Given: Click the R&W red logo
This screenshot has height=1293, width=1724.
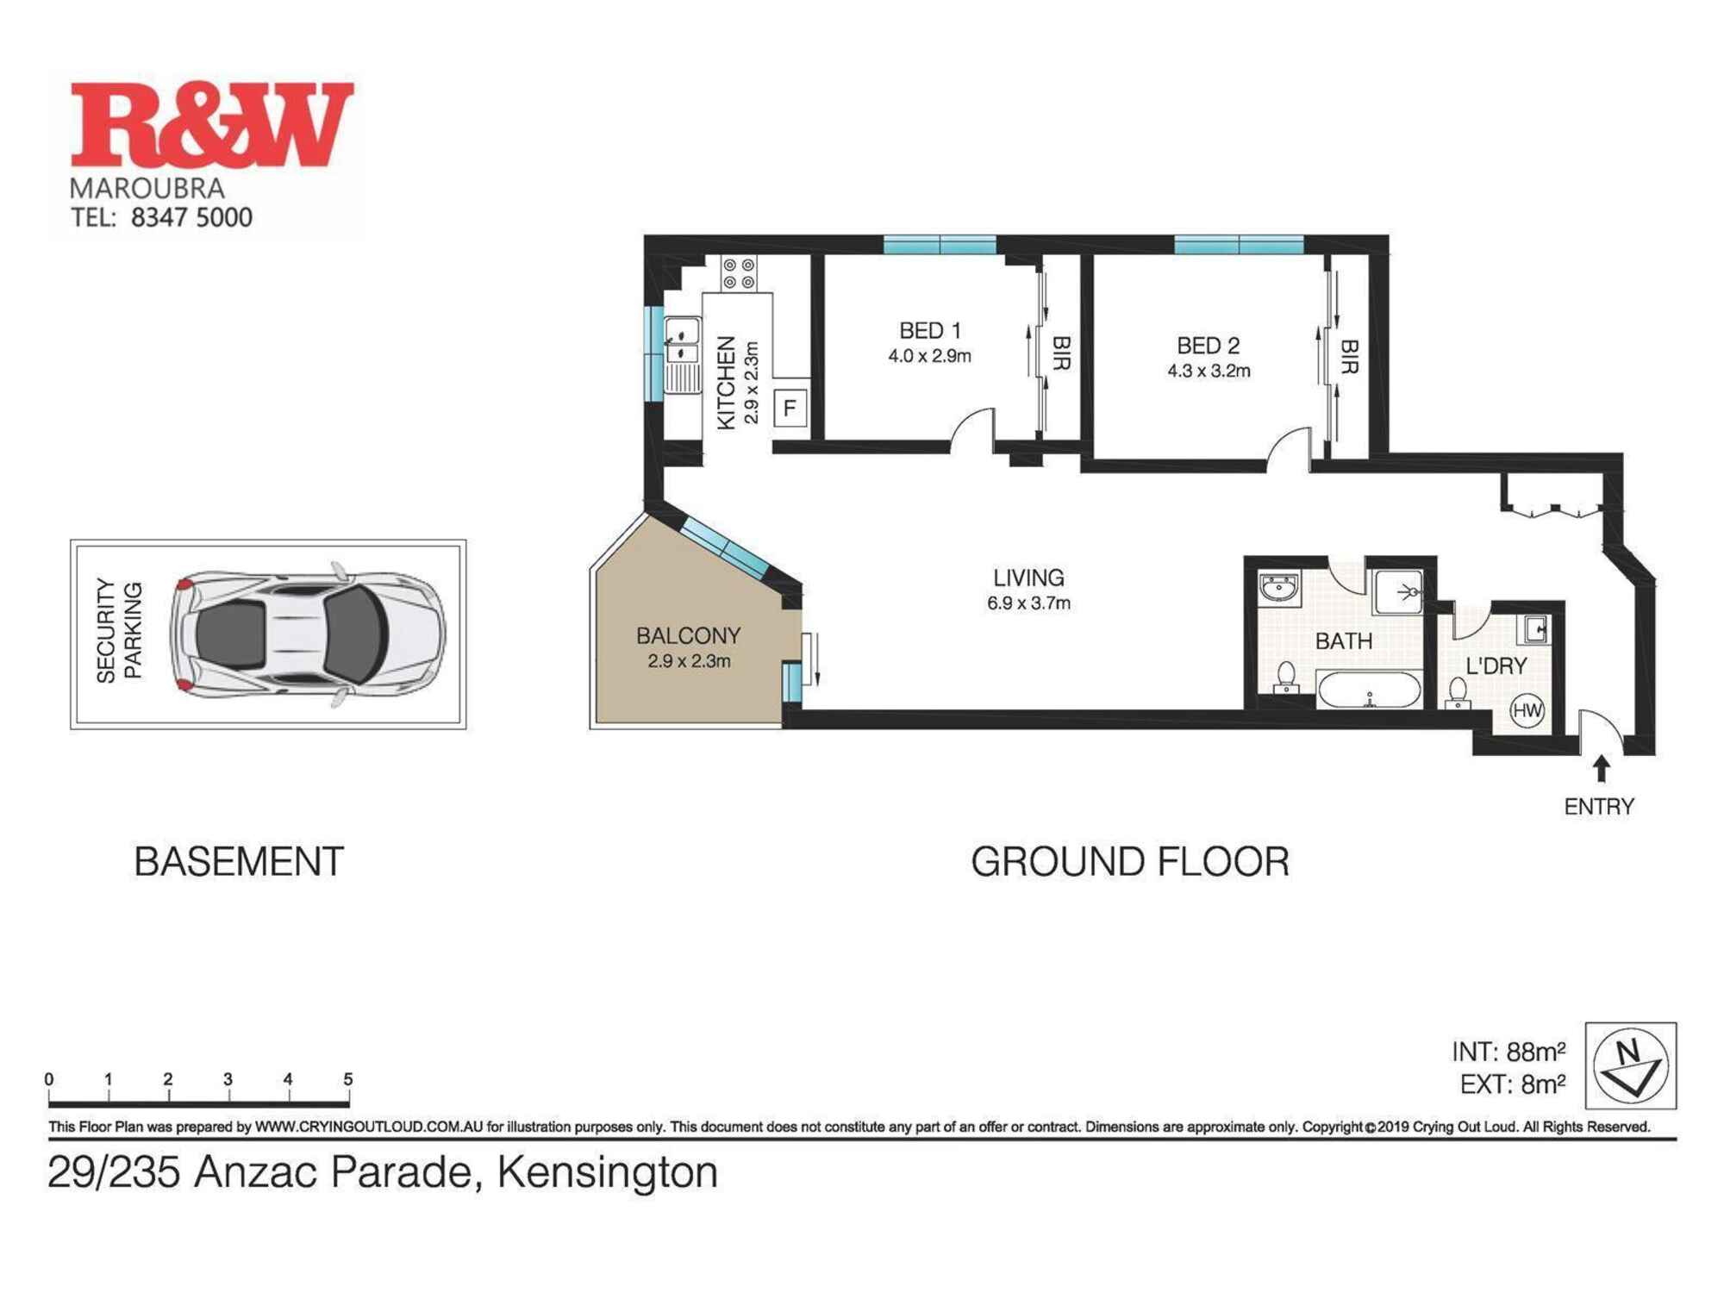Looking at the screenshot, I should [x=211, y=124].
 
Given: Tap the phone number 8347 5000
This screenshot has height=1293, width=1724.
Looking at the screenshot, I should [x=191, y=217].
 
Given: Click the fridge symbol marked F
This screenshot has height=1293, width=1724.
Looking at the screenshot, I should [x=790, y=409].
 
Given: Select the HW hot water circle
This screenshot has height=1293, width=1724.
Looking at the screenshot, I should [x=1527, y=711].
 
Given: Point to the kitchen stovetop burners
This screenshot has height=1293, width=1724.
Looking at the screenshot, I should [x=739, y=273].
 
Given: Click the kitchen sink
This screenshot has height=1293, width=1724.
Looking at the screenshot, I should [x=683, y=340].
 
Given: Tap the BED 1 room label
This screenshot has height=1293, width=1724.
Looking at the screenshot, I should [x=929, y=330].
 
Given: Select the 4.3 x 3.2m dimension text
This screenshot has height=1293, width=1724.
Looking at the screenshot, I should [x=1209, y=372].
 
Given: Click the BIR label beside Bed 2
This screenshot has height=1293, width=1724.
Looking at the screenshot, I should [x=1349, y=356].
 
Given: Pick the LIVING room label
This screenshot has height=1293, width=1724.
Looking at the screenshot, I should [x=1028, y=578].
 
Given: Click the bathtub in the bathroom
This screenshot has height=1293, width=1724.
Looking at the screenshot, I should [x=1369, y=690].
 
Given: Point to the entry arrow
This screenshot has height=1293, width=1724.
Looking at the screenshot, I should [x=1601, y=768].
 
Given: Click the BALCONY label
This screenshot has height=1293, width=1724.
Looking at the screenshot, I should [x=688, y=636].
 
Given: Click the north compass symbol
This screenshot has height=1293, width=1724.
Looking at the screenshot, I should [x=1630, y=1065].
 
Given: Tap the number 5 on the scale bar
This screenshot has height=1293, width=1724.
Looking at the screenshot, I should [x=347, y=1079].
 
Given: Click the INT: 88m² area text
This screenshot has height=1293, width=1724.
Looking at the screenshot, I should [x=1508, y=1052].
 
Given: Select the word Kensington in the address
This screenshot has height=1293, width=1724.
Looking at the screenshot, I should [x=608, y=1172].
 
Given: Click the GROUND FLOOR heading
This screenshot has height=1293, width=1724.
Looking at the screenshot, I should [x=1129, y=862].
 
